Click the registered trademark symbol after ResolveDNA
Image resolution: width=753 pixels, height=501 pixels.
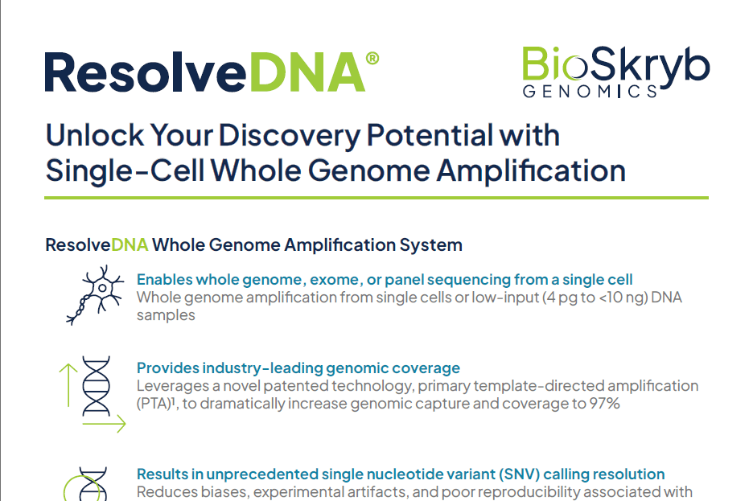[x=372, y=59]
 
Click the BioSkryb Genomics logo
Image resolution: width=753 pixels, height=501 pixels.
[x=615, y=72]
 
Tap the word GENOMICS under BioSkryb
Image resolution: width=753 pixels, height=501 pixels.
[x=590, y=91]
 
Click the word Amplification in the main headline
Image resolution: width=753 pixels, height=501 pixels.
[x=531, y=170]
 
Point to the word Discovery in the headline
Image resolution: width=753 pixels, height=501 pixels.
[x=290, y=136]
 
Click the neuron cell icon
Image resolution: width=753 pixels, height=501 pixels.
[x=95, y=295]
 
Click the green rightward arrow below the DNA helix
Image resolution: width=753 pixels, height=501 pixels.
[x=105, y=425]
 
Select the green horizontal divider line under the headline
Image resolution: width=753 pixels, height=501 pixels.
[x=376, y=197]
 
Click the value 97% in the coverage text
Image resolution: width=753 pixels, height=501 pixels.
[x=605, y=403]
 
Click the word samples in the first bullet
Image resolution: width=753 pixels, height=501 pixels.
[x=166, y=316]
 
